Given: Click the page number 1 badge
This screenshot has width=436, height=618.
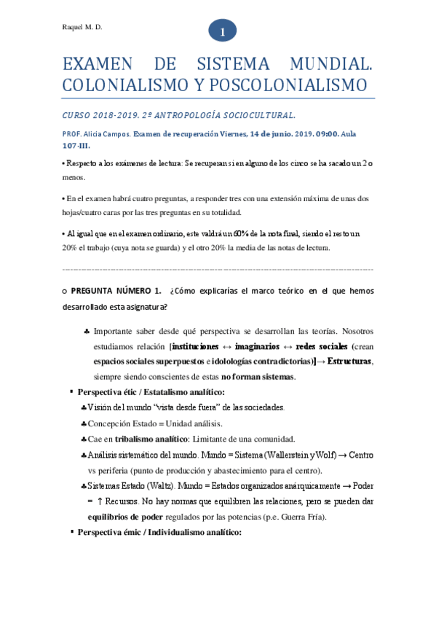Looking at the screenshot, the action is pos(222,31).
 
